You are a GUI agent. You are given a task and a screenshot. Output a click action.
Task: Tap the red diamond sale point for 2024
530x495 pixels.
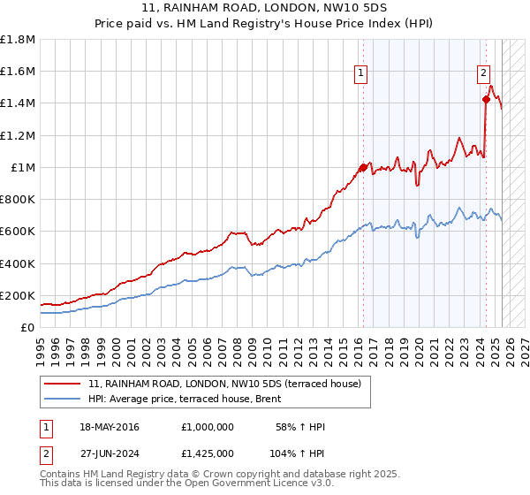tap(486, 99)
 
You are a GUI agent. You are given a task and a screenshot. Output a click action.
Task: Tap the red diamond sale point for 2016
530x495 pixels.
tap(363, 167)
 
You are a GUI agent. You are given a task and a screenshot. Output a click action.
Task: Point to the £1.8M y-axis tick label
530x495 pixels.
tap(18, 40)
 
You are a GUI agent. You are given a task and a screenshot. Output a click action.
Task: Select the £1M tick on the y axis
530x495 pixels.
tap(22, 167)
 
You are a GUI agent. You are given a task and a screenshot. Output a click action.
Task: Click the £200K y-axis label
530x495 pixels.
tap(18, 295)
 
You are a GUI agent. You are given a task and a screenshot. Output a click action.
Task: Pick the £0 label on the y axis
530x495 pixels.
tap(28, 327)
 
